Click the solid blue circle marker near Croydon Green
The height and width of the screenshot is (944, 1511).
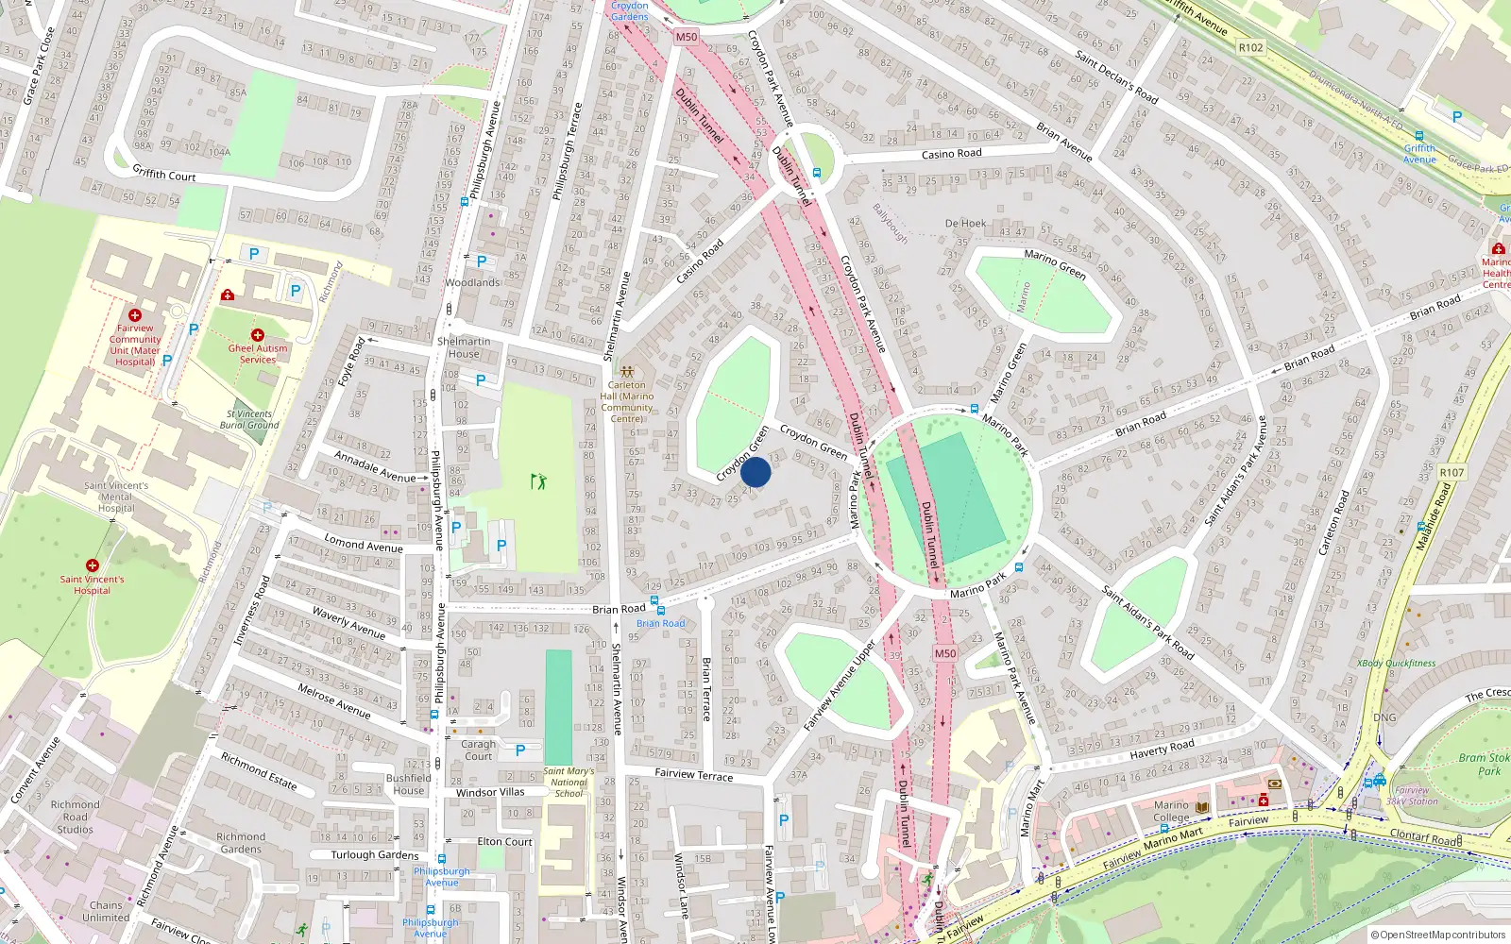[755, 472]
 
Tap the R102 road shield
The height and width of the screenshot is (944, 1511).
[1250, 47]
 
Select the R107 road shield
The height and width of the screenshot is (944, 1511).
[1452, 473]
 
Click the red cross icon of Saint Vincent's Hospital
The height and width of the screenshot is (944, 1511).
[93, 565]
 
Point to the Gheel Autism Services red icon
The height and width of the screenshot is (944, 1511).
[257, 335]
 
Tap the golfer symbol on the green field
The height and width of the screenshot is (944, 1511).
[538, 481]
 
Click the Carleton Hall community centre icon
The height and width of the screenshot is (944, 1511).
[627, 372]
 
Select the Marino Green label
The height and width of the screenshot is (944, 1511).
[1055, 263]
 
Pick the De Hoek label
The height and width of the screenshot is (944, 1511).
[965, 224]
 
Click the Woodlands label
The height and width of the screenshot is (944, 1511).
[472, 282]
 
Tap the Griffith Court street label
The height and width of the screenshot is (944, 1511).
[164, 174]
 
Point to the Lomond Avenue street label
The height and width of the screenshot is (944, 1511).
[364, 544]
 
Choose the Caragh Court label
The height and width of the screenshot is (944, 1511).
[478, 750]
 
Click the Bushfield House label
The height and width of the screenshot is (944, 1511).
[409, 784]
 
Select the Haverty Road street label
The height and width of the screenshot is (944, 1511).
[1162, 750]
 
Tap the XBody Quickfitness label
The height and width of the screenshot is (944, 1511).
[1396, 664]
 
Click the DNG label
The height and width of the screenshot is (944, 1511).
[1384, 717]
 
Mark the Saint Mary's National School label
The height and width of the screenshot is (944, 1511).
[569, 782]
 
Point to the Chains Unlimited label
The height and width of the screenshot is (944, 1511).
[106, 911]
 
